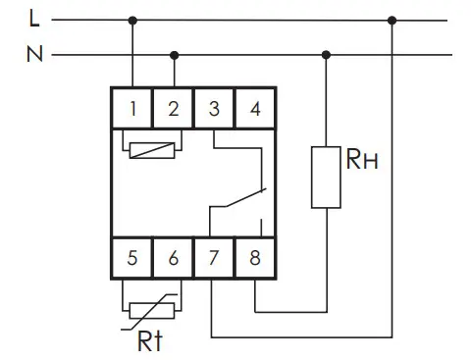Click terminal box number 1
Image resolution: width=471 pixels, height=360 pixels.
[x=131, y=108]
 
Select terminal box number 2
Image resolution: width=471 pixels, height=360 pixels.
[x=173, y=108]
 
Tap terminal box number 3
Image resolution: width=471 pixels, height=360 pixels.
[x=214, y=108]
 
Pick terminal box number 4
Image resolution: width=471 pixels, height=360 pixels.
[x=255, y=108]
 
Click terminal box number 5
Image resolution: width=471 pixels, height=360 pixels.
[x=131, y=258]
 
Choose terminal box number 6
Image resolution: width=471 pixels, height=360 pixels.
[x=173, y=258]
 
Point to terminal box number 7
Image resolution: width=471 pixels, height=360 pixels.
[x=214, y=258]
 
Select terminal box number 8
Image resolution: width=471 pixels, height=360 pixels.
[x=255, y=258]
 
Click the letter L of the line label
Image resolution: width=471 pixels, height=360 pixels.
[x=34, y=19]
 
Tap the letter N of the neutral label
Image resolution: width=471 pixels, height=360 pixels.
[x=34, y=54]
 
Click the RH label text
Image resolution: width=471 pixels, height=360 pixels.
[x=362, y=159]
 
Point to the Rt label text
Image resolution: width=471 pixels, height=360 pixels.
[x=150, y=340]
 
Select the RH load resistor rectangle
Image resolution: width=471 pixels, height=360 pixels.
[x=326, y=178]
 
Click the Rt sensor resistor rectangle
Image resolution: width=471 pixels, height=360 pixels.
[x=152, y=311]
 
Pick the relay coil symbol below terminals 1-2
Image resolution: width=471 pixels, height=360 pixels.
[x=152, y=150]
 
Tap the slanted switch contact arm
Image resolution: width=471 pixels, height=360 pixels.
[x=245, y=197]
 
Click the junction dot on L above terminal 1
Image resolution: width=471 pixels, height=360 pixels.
[x=132, y=21]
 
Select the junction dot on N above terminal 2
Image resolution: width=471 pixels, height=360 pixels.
[x=175, y=55]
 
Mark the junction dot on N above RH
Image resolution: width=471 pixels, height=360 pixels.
[x=326, y=55]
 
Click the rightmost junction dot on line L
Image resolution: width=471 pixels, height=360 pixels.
[x=392, y=21]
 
